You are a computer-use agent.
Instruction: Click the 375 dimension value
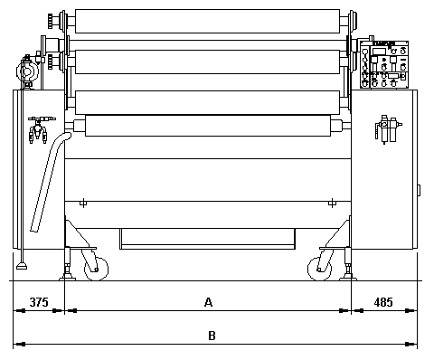coord(39,302)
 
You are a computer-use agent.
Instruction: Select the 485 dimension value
coord(383,302)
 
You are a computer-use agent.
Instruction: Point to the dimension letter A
coord(208,302)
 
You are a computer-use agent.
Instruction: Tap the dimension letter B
coord(212,336)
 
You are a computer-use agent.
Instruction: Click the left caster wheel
coord(96,269)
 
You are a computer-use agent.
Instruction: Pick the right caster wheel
coord(319,269)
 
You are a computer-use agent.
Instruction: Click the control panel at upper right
coord(384,64)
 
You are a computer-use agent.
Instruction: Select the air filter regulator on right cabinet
coord(388,128)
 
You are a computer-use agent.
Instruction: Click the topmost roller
coord(207,21)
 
